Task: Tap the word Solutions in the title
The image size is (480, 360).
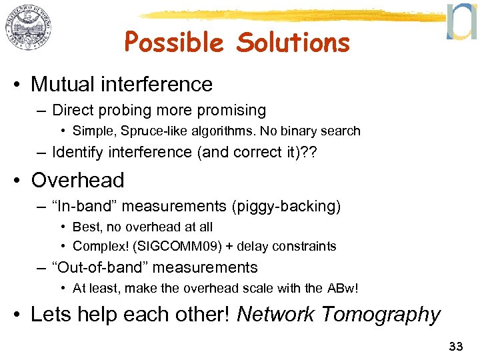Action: pos(293,43)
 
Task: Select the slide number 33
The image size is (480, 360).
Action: pos(456,346)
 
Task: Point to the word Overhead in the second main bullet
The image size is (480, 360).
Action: pos(77,180)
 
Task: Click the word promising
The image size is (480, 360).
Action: pos(231,110)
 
